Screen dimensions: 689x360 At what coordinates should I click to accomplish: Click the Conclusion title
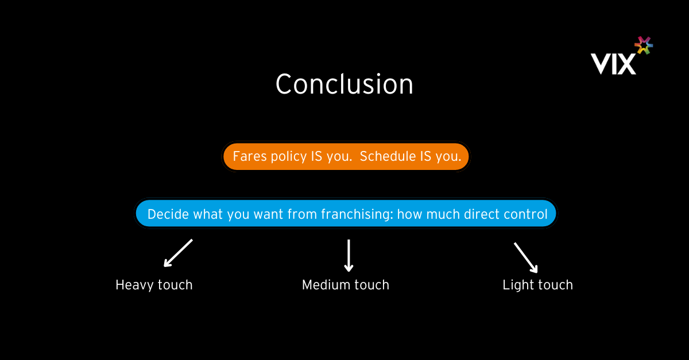coord(344,84)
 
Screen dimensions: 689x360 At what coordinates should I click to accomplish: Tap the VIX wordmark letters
coord(613,64)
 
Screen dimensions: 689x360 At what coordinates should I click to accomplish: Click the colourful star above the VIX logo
coord(644,45)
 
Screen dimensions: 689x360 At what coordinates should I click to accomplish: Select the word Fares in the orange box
coord(249,156)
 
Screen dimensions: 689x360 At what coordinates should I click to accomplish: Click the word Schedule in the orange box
coord(388,156)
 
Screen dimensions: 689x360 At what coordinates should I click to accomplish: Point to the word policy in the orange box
coord(288,157)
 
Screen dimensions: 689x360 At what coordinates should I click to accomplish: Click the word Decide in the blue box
coord(168,214)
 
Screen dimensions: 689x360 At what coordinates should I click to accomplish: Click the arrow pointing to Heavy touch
coord(178,253)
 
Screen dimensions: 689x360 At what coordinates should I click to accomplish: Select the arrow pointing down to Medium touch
coord(349,256)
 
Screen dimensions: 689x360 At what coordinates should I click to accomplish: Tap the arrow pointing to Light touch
coord(526,258)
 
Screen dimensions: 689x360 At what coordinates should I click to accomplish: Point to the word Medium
coord(326,285)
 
